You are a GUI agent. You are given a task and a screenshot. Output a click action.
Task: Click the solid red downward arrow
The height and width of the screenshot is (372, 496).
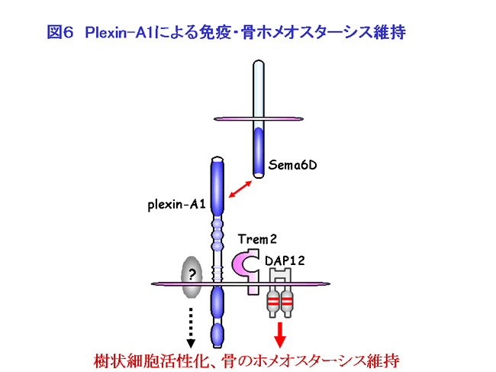280,332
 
